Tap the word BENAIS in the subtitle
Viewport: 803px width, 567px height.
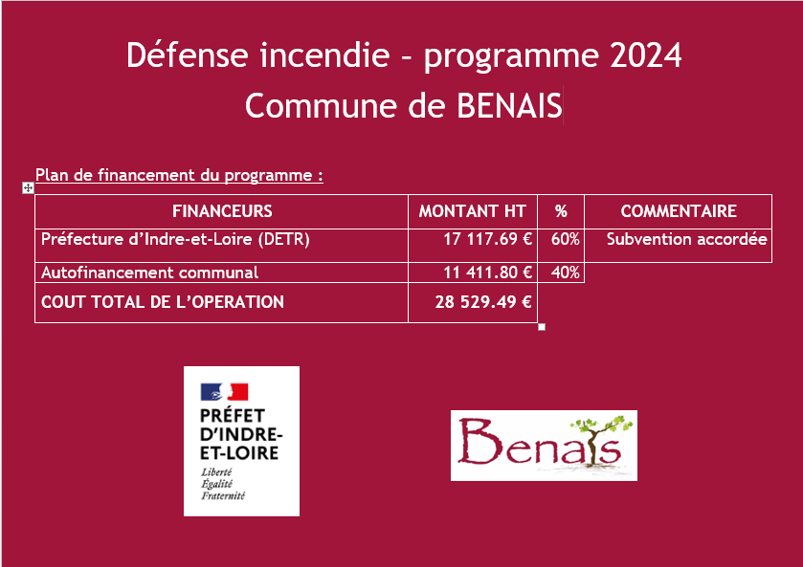(509, 105)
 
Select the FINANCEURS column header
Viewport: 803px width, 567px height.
(222, 211)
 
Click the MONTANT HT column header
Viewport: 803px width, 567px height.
(472, 211)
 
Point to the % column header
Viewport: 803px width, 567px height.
(561, 211)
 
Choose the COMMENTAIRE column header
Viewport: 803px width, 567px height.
(679, 211)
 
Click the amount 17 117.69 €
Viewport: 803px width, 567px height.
(488, 239)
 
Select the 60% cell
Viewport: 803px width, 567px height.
(566, 239)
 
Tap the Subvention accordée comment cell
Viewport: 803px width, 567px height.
(687, 239)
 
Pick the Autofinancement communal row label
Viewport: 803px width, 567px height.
(149, 273)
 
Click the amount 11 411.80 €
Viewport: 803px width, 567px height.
(488, 273)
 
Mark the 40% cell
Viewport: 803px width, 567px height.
(566, 273)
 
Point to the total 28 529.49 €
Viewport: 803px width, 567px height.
(483, 302)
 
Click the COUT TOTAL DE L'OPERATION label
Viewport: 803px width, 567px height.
(163, 302)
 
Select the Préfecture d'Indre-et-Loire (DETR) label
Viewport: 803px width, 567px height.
(175, 239)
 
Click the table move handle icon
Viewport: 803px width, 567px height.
(28, 188)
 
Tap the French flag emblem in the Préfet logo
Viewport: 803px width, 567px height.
(224, 392)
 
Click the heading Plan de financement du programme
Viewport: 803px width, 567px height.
(179, 176)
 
